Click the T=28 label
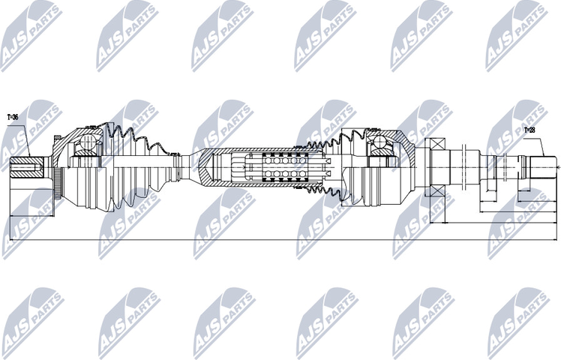coord(529,130)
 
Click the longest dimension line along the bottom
coord(285,239)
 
